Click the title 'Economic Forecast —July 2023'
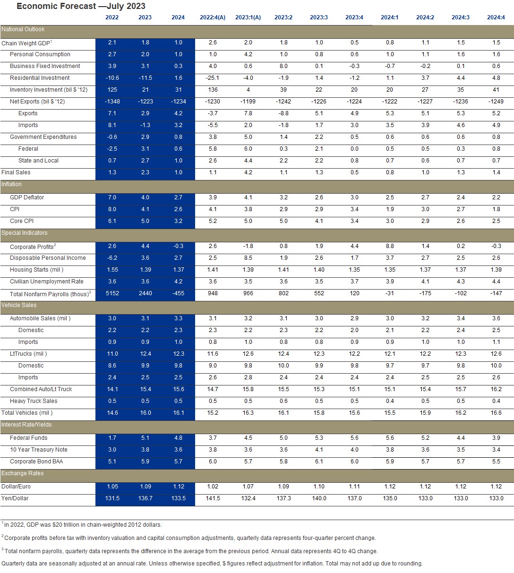[x=81, y=6]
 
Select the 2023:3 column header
[x=319, y=17]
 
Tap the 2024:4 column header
[x=496, y=17]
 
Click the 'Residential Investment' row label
[x=40, y=78]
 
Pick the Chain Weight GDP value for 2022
[x=112, y=43]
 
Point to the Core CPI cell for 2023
[x=145, y=221]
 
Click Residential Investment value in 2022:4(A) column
[x=213, y=78]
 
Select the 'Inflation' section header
[x=12, y=184]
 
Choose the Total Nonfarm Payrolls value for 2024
[x=178, y=293]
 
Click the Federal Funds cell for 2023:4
[x=354, y=438]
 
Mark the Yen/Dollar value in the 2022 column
[x=112, y=498]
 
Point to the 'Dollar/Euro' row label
[x=16, y=487]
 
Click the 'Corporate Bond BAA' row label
[x=36, y=462]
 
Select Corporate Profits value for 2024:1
[x=390, y=246]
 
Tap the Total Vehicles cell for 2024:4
[x=496, y=413]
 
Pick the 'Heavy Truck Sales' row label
[x=34, y=401]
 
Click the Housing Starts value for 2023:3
[x=319, y=270]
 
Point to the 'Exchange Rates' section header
[x=22, y=473]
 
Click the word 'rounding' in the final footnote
[x=410, y=563]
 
